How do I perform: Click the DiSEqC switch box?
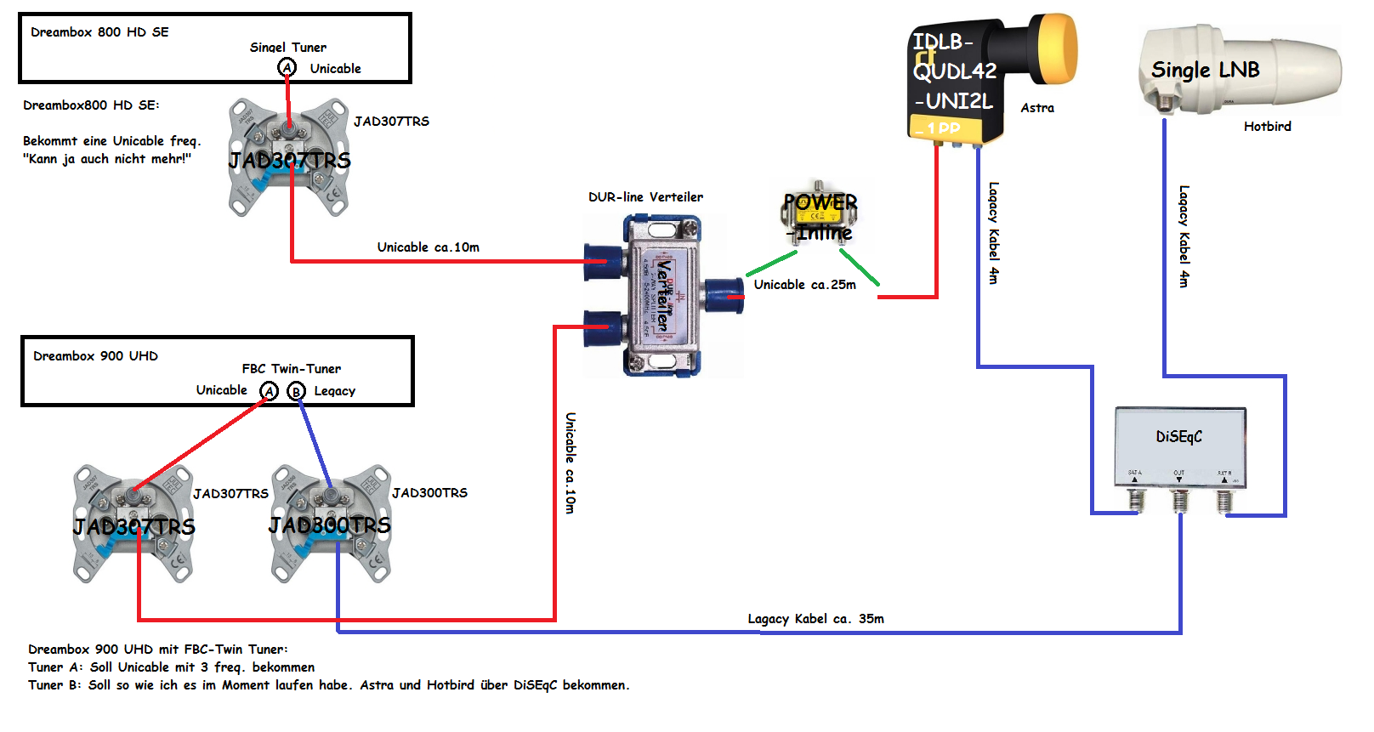click(1179, 446)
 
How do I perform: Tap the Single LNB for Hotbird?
click(1237, 70)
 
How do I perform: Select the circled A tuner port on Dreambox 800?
click(287, 68)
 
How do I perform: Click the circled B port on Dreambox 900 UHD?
click(296, 391)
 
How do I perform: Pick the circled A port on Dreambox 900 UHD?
click(270, 391)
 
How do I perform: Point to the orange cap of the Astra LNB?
click(1055, 49)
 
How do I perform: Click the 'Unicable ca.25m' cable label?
click(804, 285)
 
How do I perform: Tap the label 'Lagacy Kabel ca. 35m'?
click(815, 619)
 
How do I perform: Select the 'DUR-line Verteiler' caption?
click(645, 197)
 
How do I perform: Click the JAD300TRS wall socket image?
click(331, 524)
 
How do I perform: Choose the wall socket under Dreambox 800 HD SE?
click(289, 157)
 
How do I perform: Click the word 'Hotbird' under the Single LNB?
click(1267, 127)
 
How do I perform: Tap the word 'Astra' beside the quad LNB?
click(1037, 108)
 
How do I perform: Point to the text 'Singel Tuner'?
click(287, 48)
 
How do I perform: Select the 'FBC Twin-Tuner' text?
click(291, 369)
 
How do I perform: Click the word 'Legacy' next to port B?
click(334, 391)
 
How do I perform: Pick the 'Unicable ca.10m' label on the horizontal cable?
click(428, 247)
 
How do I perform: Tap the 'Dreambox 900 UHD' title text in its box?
click(95, 356)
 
